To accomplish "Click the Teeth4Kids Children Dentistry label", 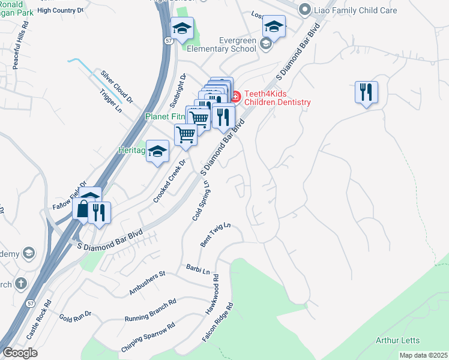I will pos(277,98).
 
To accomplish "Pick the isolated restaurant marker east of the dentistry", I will pos(366,92).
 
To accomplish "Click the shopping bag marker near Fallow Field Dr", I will pos(82,210).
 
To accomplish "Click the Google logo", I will pos(20,353).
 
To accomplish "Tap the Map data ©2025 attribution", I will pos(423,355).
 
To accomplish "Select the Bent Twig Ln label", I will pos(215,235).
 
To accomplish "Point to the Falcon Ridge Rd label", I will pos(217,322).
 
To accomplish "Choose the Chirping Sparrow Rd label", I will pos(148,338).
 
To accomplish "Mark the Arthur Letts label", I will pos(397,340).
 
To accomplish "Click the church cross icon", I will pos(21,283).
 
